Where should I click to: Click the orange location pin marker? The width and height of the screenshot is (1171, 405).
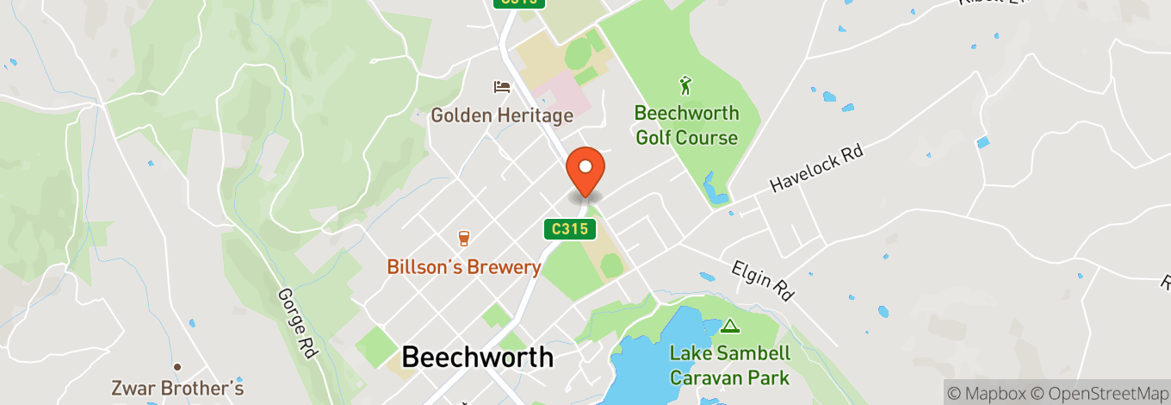tap(585, 171)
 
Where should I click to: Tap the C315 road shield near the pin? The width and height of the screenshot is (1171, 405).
tap(570, 229)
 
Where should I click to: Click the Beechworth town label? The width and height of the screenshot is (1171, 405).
tap(477, 357)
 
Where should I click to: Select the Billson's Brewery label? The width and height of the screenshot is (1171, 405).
tap(463, 267)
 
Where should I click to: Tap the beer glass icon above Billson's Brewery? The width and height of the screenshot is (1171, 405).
tap(463, 238)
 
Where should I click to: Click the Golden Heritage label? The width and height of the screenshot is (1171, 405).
tap(501, 115)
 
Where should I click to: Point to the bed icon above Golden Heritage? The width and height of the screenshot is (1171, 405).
tap(501, 87)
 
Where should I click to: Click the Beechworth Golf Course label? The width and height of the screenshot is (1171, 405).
tap(686, 125)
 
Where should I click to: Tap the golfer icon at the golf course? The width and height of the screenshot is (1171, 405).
tap(685, 85)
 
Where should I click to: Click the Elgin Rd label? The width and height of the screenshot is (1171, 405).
tap(762, 280)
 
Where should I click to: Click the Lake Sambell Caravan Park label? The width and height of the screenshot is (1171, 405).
tap(729, 365)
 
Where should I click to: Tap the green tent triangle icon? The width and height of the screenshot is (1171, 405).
tap(730, 326)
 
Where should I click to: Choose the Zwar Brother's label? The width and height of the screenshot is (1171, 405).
tap(177, 389)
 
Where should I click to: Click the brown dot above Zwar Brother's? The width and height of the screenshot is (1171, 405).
tap(177, 366)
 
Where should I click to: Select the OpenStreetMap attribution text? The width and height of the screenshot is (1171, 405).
tap(1098, 394)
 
